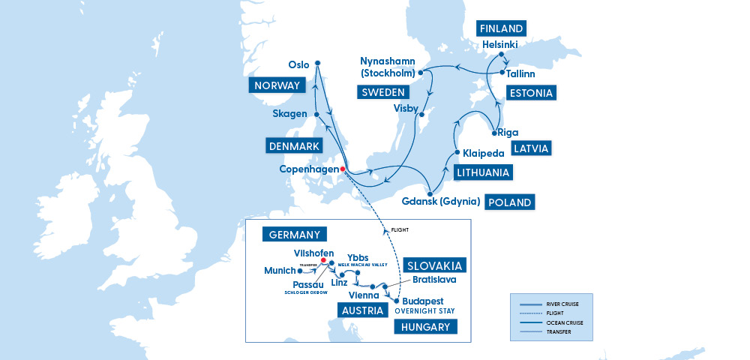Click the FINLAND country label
pos(502,28)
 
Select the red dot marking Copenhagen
pos(343,169)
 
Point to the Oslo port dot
pos(317,63)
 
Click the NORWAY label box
pos(277,85)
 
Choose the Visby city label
pos(406,108)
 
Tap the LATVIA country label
pos(531,148)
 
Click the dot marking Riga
pos(494,133)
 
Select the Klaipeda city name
pos(483,154)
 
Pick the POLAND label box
pos(511,202)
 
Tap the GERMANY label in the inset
pos(295,234)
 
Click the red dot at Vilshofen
pos(323,261)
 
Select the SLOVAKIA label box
pos(435,265)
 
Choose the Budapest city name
pos(424,300)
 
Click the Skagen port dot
pos(317,114)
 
